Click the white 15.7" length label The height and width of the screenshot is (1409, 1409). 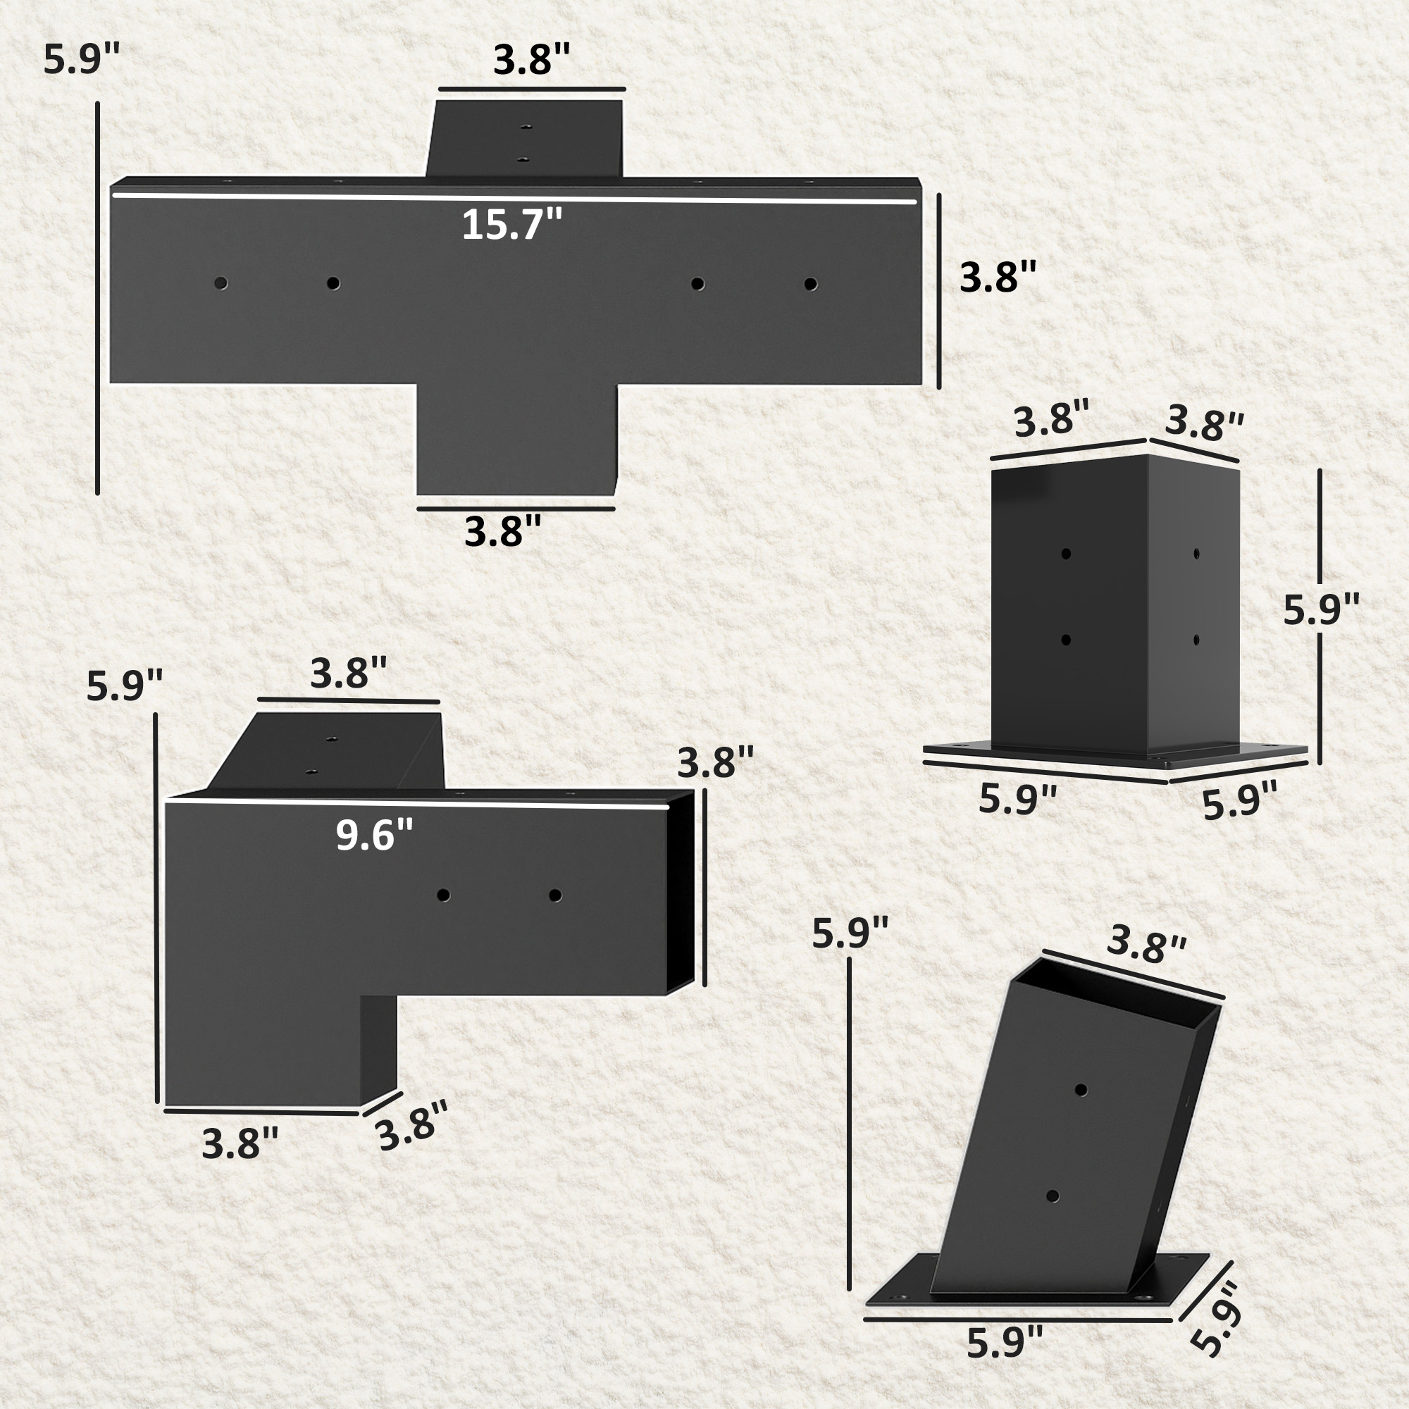[512, 224]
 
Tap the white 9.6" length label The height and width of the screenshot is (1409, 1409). [374, 834]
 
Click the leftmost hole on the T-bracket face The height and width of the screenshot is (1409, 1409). [221, 283]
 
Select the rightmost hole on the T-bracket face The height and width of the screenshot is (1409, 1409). [810, 284]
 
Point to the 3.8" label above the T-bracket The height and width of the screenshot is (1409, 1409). [531, 60]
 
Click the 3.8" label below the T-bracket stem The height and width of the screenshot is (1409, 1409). [503, 531]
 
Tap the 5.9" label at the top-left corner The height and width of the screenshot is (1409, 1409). [81, 60]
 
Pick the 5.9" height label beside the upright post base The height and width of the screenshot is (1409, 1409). [1322, 609]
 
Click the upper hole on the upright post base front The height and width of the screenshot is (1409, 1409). [1065, 554]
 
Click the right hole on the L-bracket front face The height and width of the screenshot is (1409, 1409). [555, 895]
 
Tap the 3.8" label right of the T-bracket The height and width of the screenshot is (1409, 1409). [997, 278]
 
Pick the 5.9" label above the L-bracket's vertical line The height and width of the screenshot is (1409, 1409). [124, 685]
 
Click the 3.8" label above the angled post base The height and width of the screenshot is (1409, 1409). [1146, 946]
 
